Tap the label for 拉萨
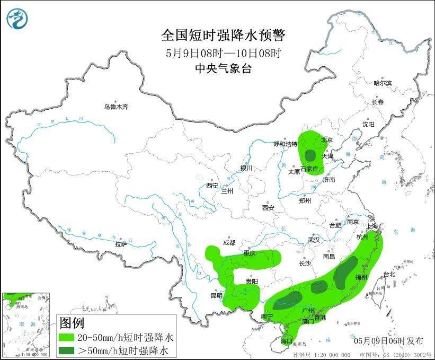121,244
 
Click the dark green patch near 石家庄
310,155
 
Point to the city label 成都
229,243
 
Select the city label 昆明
216,295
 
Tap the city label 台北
388,274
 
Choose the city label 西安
268,208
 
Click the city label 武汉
314,240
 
